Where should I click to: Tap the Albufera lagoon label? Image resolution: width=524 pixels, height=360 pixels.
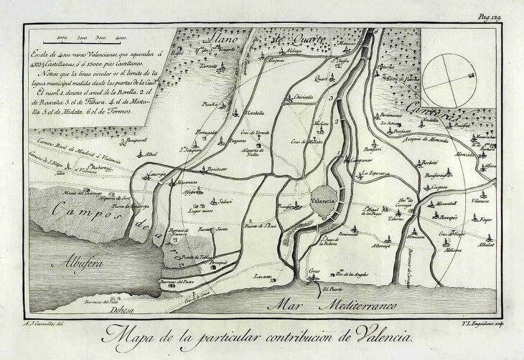click(x=80, y=260)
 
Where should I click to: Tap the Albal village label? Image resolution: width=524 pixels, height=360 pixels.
click(x=151, y=154)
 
